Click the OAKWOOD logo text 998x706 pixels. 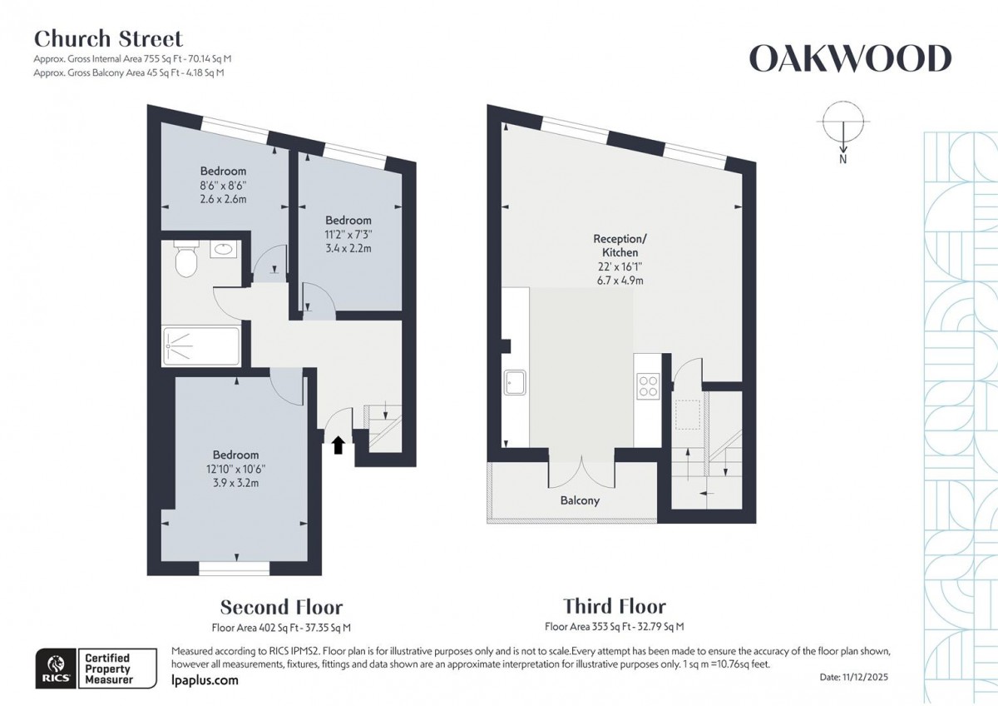tap(849, 59)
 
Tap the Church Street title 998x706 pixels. tap(107, 38)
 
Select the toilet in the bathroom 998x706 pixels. tap(187, 261)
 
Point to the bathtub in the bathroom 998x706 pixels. tap(202, 346)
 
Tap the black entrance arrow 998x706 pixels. tap(338, 445)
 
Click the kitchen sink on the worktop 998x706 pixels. tap(516, 383)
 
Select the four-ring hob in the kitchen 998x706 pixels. tap(647, 386)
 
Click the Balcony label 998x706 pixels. tap(580, 500)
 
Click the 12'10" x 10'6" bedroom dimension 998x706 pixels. tap(235, 470)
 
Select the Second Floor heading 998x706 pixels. tap(281, 607)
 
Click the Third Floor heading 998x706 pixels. tap(614, 607)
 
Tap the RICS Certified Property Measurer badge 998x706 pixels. tap(95, 669)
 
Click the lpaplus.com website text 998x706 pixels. tap(204, 680)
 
